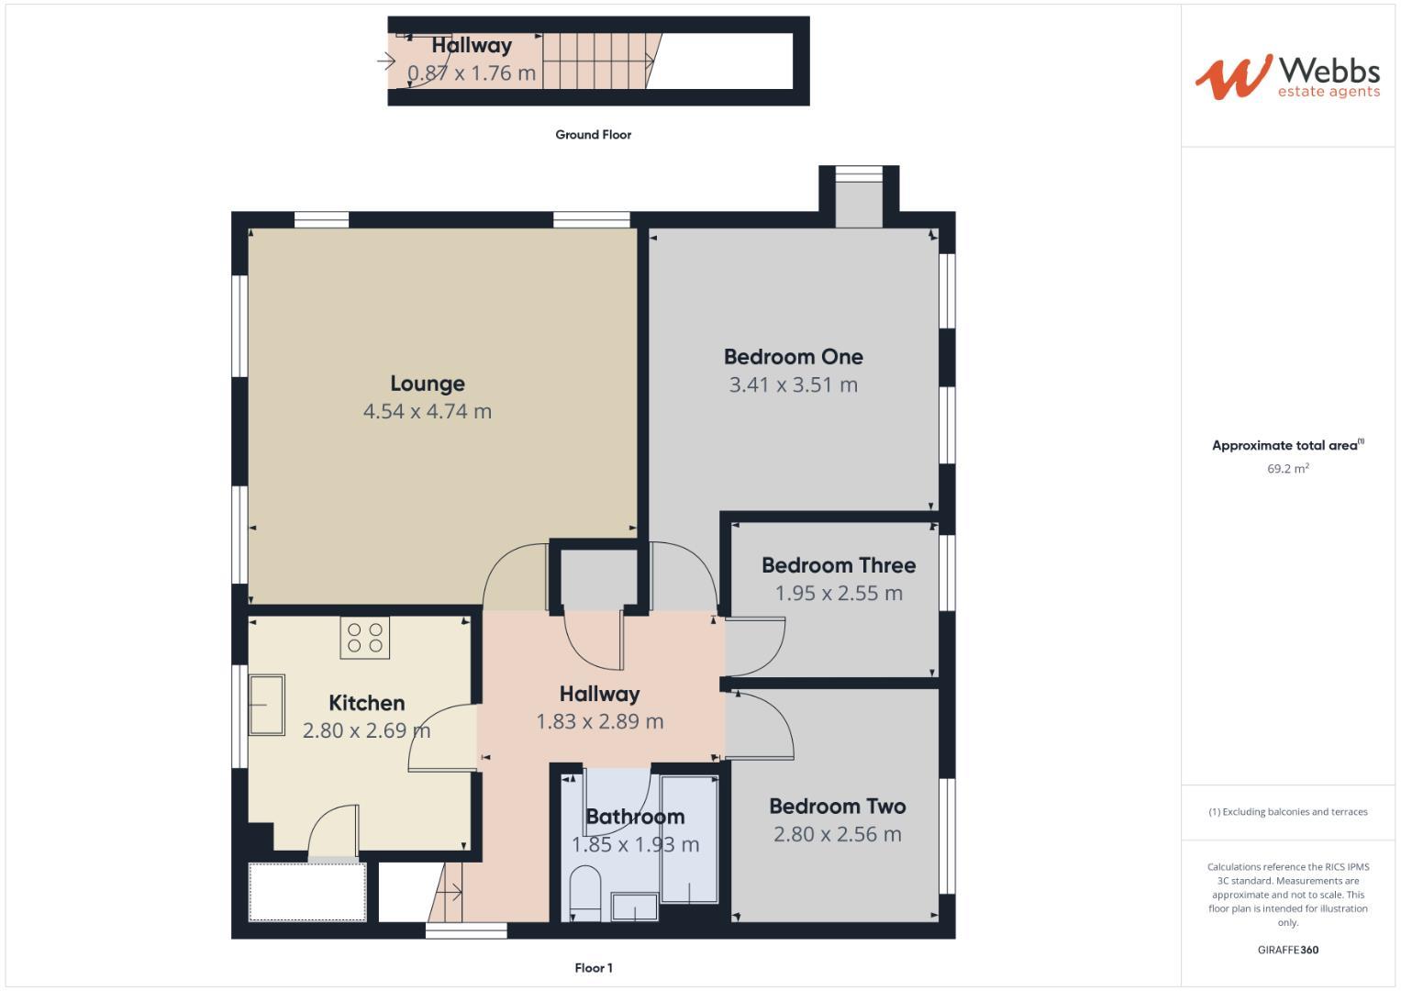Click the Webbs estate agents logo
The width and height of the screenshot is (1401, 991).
coord(1287,77)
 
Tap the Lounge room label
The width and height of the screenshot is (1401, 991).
coord(428,384)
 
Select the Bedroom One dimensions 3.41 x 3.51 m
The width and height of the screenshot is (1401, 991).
coord(793,385)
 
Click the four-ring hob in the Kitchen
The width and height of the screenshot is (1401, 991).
coord(365,638)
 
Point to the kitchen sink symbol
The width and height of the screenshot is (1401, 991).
coord(266,705)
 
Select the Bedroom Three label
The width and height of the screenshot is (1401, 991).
coord(839,565)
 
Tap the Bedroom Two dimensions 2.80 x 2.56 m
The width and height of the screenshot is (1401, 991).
coord(837,835)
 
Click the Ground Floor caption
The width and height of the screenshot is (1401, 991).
coord(593,135)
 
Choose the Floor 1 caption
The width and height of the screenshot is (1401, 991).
coord(593,968)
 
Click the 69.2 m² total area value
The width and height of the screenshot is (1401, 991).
coord(1287,469)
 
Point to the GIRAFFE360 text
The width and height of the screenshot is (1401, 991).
coord(1287,951)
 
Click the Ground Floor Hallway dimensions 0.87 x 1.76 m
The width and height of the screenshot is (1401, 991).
coord(472,73)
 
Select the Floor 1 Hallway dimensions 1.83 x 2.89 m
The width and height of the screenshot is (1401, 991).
coord(599,722)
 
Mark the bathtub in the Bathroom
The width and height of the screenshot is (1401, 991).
coord(689,840)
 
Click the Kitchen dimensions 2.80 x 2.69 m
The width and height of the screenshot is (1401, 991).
coord(366,731)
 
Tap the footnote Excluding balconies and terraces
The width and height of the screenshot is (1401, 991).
coord(1287,812)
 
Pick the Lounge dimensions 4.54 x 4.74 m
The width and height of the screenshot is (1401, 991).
coord(428,412)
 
